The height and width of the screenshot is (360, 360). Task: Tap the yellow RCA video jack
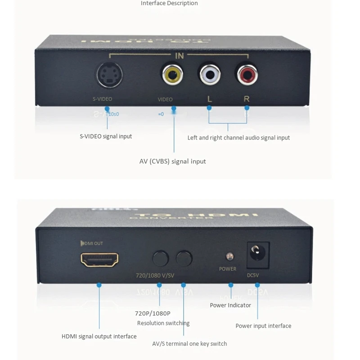173,74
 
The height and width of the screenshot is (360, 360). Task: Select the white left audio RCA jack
209,74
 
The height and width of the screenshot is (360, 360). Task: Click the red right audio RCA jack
246,74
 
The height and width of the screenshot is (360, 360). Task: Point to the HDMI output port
99,260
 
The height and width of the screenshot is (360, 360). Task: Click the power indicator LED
229,256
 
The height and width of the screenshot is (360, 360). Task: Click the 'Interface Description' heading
169,4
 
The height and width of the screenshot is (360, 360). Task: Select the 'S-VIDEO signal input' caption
106,136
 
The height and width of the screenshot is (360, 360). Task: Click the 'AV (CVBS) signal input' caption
173,161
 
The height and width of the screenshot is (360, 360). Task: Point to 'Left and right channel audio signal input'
238,138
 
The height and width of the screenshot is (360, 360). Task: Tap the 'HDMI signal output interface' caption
99,336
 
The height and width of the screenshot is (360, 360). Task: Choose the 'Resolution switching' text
163,323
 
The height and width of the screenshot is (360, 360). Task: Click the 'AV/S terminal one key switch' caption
189,344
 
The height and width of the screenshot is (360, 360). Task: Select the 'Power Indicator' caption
230,305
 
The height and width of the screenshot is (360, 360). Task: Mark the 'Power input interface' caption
263,326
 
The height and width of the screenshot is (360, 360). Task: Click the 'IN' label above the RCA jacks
179,56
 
